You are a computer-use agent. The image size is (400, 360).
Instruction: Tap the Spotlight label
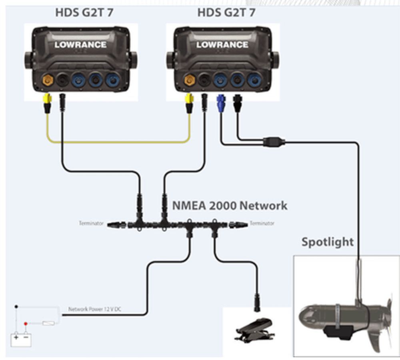click(327, 242)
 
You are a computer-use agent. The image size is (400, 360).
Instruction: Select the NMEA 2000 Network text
click(230, 206)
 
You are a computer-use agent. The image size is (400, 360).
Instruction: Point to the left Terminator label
click(91, 223)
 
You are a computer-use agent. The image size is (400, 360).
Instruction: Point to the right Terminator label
click(262, 223)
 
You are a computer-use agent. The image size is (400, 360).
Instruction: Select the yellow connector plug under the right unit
click(189, 102)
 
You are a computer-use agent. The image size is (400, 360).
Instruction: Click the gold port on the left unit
click(48, 80)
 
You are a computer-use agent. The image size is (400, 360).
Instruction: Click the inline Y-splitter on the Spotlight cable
click(274, 141)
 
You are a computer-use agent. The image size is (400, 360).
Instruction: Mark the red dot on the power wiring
click(26, 323)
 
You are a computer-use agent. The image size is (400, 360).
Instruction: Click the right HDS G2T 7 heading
click(226, 13)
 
